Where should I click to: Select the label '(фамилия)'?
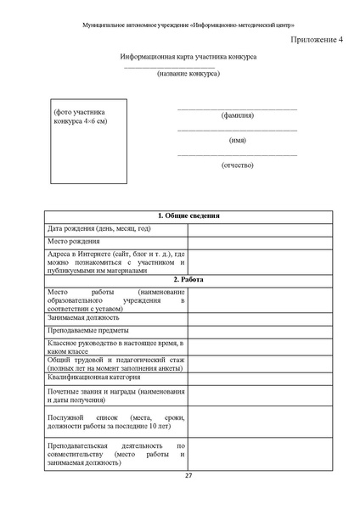pos(237,115)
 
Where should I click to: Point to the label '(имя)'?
pos(237,140)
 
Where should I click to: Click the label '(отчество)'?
pos(237,165)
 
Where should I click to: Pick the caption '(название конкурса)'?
pos(188,73)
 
